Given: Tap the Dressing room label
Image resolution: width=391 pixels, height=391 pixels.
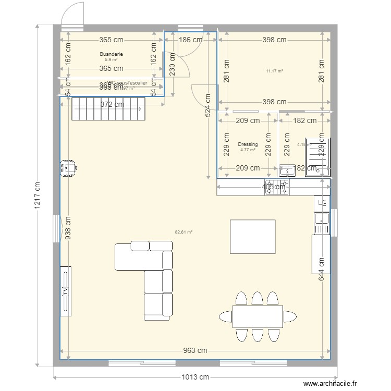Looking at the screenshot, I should [247, 144].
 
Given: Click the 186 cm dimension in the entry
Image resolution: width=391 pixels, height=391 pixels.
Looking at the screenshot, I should [191, 40].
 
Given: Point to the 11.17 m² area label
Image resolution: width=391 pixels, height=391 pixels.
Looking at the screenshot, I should [274, 71].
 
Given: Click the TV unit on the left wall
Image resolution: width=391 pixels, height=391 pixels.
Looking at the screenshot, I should [66, 290].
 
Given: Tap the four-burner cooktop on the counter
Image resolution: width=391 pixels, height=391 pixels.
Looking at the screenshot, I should [277, 187].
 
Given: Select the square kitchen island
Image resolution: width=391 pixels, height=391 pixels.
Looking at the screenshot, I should [253, 237].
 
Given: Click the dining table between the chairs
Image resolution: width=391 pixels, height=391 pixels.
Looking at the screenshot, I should [258, 316].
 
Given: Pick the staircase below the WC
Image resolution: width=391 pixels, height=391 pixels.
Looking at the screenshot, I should [108, 108].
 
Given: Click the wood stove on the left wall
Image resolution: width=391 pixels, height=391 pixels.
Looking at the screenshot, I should [68, 168].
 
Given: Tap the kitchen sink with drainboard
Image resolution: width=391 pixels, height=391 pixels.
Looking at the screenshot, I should [321, 223].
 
